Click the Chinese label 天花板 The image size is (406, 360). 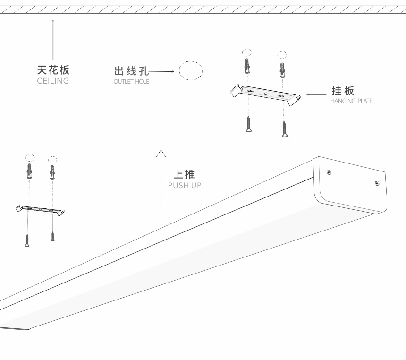tap(53, 70)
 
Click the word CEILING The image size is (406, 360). tap(53, 81)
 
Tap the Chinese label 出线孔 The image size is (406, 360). tap(131, 71)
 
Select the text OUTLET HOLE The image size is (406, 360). tap(131, 82)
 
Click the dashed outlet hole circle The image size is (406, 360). tap(191, 71)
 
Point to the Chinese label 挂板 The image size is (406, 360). tap(343, 91)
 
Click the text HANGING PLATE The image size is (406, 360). tap(351, 101)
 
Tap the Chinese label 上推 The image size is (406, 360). tap(184, 174)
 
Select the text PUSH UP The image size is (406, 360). tap(185, 185)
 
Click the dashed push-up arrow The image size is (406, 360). tap(161, 177)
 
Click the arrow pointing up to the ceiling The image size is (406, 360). tap(53, 40)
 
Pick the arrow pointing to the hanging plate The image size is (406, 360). tap(316, 94)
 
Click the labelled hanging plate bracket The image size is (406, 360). tap(265, 94)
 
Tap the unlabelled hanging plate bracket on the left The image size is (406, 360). tap(40, 210)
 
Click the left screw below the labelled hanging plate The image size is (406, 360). tap(248, 124)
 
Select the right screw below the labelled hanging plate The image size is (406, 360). tap(285, 129)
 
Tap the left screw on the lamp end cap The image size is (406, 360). tap(329, 173)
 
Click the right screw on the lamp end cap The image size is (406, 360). tap(377, 183)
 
